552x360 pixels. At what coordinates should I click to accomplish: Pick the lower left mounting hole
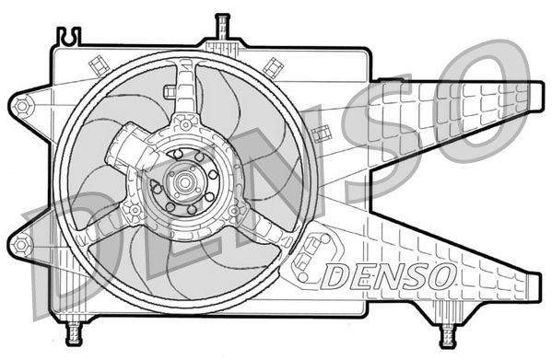21,244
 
